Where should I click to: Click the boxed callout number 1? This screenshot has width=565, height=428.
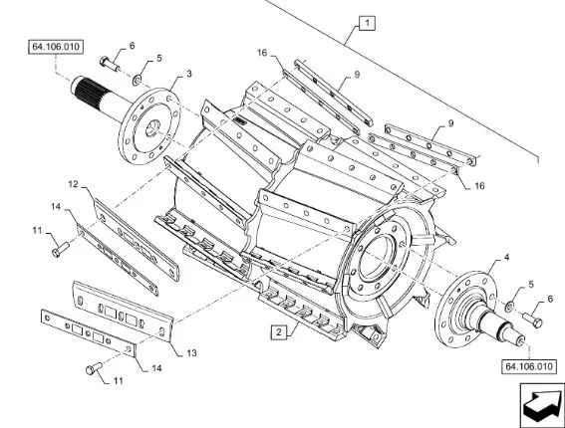coord(367,24)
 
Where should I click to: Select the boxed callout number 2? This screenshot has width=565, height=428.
coord(279,331)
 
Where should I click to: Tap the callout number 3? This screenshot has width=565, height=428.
coord(189,74)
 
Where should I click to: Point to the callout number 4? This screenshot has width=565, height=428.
coord(506,258)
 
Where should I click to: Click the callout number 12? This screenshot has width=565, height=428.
coord(73,184)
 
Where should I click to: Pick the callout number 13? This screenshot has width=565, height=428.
coord(191,352)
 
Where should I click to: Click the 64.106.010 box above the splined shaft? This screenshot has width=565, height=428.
coord(56,47)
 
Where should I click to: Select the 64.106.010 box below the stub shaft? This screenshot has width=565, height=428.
coord(528,366)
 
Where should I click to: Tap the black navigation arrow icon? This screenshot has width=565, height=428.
coord(541,406)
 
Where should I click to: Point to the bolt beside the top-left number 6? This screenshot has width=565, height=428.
coord(110,64)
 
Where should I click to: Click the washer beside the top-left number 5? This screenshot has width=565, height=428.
coord(137,80)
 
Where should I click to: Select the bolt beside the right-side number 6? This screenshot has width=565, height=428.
coord(532,320)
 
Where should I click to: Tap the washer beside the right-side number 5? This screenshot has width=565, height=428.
coord(510,307)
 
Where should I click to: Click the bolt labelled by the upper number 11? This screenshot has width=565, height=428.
coord(60,249)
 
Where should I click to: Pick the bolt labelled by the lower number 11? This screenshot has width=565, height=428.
coord(94,368)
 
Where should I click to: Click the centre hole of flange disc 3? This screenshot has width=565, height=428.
coord(152,127)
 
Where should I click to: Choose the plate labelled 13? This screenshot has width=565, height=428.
coord(124,312)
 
